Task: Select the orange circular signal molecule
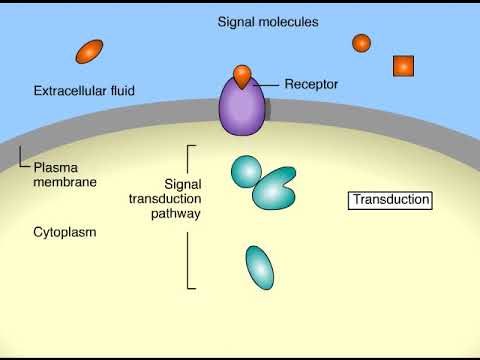click(x=361, y=42)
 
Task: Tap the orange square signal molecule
click(x=403, y=66)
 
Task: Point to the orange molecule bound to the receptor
click(x=242, y=74)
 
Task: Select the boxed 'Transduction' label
click(x=389, y=200)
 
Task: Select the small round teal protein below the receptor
click(x=245, y=171)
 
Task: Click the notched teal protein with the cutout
click(x=275, y=188)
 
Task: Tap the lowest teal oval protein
click(x=259, y=267)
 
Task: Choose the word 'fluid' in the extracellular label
click(x=147, y=92)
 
